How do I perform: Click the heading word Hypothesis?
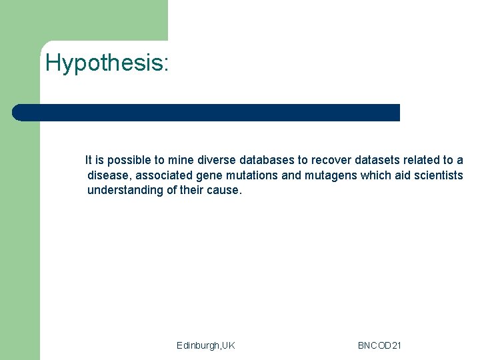point(107,63)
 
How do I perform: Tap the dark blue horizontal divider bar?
point(207,113)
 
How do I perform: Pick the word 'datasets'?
point(377,160)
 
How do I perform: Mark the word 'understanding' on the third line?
point(125,190)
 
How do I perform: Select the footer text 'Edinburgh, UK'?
point(205,345)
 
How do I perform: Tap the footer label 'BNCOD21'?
point(379,345)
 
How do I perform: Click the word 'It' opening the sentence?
point(89,160)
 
